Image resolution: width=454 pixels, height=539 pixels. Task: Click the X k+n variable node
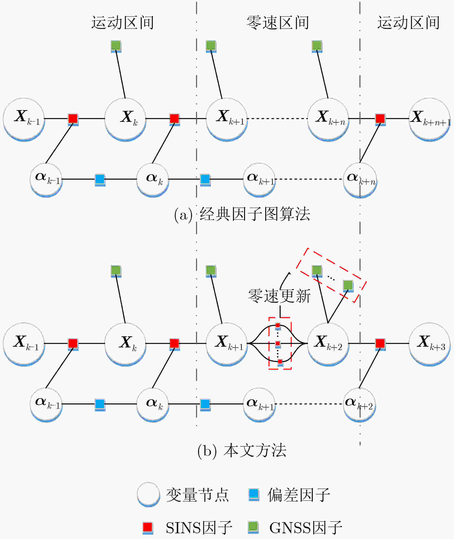pos(328,119)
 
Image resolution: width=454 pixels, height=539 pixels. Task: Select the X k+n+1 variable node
pos(429,119)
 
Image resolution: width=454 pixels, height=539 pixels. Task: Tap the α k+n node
pos(360,180)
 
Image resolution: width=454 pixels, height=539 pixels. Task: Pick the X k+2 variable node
pos(328,344)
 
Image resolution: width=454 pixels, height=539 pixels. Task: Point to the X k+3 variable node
pos(429,344)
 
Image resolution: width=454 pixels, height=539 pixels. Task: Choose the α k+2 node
pos(359,405)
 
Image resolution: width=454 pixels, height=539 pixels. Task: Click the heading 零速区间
pos(278,23)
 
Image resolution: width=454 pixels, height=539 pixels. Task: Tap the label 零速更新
pos(279,296)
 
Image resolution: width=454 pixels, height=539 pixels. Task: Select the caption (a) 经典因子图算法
pos(242,214)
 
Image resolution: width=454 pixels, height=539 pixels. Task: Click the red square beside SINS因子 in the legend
pos(148,528)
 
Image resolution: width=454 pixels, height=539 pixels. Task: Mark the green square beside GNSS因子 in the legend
pos(253,527)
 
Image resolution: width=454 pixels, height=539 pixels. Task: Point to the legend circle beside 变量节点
pos(148,495)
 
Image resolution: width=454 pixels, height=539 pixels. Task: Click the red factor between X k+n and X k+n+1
pos(380,119)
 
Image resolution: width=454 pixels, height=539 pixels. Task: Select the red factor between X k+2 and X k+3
pos(380,344)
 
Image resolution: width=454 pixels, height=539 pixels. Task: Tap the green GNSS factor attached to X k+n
pos(317,46)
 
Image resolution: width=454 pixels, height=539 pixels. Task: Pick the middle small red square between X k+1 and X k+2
pos(278,344)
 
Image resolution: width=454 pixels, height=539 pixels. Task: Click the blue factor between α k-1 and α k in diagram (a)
pos(100,180)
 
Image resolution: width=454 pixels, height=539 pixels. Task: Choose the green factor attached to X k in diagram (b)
pos(116,271)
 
